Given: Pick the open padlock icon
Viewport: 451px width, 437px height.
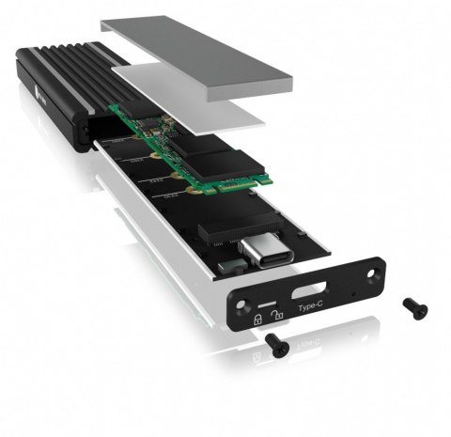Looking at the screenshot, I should [273, 315].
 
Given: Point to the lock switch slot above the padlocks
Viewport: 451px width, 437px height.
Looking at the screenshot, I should [266, 304].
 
